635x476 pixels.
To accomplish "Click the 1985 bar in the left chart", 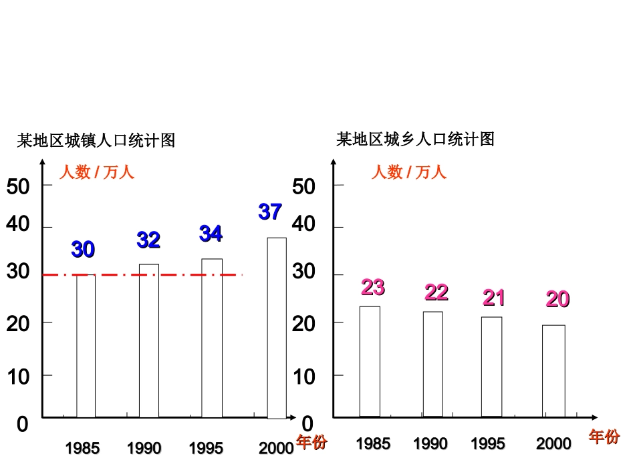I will click(x=86, y=346).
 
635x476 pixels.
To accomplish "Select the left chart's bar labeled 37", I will click(x=277, y=327).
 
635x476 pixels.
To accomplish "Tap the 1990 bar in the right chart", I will click(x=432, y=364).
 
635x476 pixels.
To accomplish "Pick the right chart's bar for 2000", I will click(x=553, y=371).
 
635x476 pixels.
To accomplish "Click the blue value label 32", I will click(x=148, y=240).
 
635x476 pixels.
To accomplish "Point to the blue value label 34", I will click(x=211, y=234).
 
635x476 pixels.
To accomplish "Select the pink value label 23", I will click(x=373, y=288).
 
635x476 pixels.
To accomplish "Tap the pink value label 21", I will click(x=494, y=298).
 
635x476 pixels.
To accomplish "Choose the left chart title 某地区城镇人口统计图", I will click(x=96, y=141).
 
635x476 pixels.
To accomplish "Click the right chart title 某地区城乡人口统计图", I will click(x=415, y=140).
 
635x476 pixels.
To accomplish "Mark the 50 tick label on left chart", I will click(x=18, y=186).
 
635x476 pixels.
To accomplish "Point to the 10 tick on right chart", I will click(x=303, y=377).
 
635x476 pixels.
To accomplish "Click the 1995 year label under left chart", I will click(x=206, y=448).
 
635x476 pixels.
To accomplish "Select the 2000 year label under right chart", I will click(x=553, y=444).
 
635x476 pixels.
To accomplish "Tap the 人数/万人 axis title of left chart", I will click(x=97, y=172).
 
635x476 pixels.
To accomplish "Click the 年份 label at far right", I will click(x=604, y=437).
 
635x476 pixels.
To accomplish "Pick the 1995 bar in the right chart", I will click(x=491, y=367).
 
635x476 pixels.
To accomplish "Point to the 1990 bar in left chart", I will click(x=149, y=340).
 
